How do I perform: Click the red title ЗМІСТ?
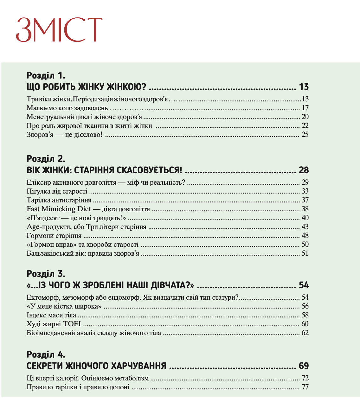click(x=59, y=30)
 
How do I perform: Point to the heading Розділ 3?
click(x=46, y=274)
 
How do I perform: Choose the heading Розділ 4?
click(x=46, y=354)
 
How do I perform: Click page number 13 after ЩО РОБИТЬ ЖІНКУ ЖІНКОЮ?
click(x=304, y=87)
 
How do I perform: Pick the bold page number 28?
click(x=304, y=170)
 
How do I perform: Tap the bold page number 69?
click(x=304, y=366)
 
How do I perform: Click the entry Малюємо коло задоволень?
click(x=67, y=108)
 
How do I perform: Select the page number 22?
click(x=305, y=126)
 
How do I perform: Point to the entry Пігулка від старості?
click(x=57, y=191)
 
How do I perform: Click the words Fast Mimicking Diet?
click(x=59, y=209)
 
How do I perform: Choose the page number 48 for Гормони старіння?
click(x=305, y=236)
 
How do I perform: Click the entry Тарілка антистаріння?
click(x=59, y=200)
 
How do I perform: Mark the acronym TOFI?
click(x=72, y=324)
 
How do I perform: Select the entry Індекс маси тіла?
click(x=51, y=315)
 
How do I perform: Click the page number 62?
click(x=305, y=333)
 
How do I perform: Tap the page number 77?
click(x=305, y=387)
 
